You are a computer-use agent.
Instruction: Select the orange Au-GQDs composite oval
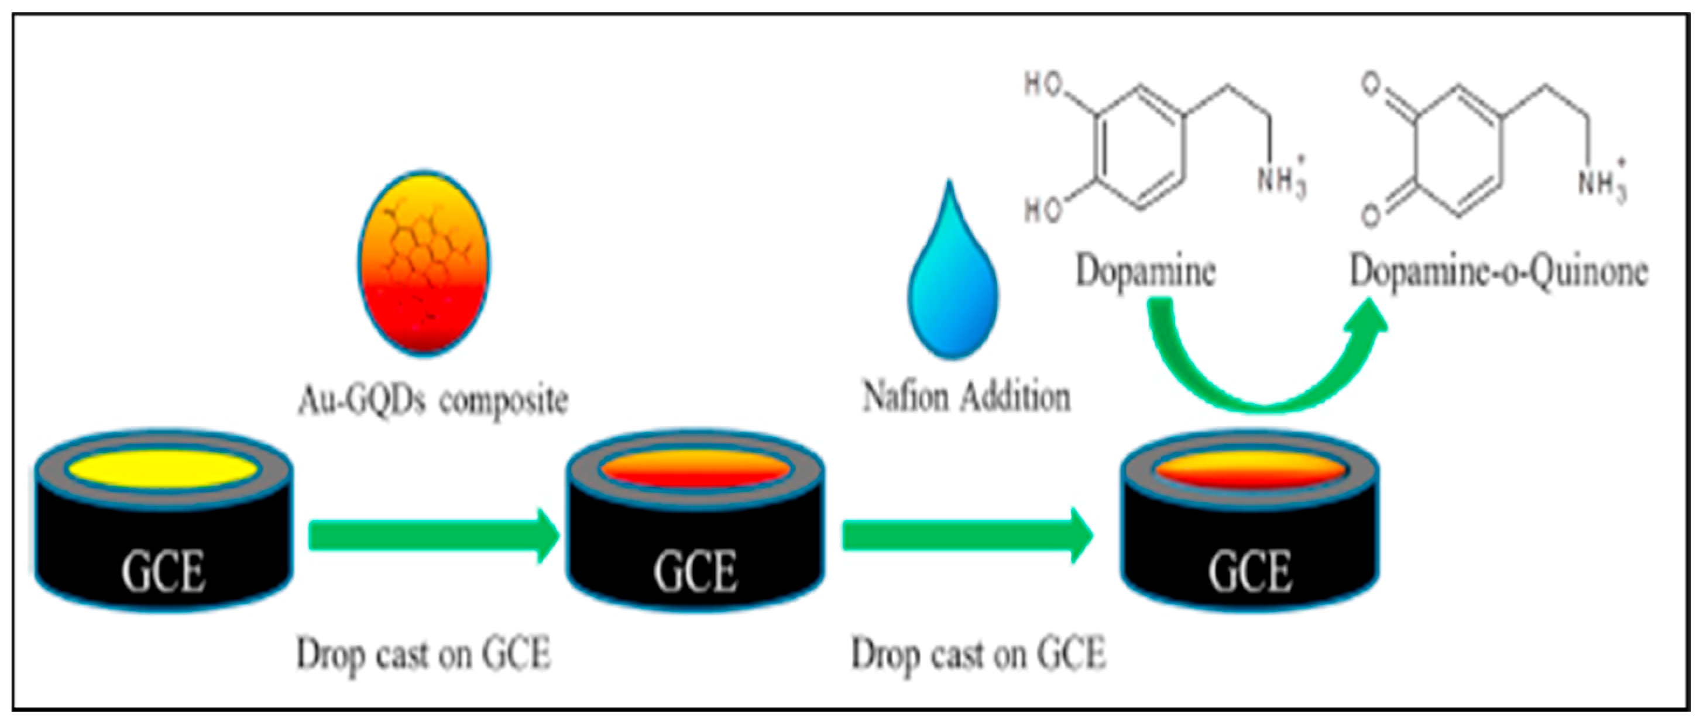coord(424,264)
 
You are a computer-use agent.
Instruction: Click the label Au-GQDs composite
coord(433,399)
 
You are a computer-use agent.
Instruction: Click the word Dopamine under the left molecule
coord(1146,271)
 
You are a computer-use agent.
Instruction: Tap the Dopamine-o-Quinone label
coord(1498,271)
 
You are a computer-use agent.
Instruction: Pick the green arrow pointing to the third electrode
coord(967,535)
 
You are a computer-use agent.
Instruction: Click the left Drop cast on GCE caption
coord(423,655)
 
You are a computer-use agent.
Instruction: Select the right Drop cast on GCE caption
coord(978,655)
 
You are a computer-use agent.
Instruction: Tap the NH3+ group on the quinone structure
coord(1602,180)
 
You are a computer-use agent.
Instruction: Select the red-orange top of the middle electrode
coord(695,470)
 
